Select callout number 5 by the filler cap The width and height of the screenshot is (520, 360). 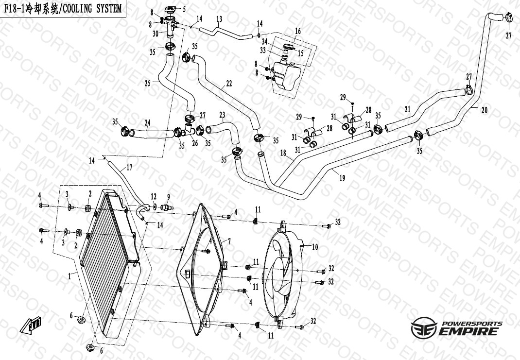click(x=184, y=9)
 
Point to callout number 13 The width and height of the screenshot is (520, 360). click(x=219, y=19)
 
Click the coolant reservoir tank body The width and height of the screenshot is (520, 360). click(x=287, y=75)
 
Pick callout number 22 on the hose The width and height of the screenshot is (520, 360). click(x=228, y=84)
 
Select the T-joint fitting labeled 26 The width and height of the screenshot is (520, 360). click(x=189, y=131)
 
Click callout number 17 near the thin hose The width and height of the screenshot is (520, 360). click(x=129, y=168)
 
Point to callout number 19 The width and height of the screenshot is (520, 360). click(x=342, y=178)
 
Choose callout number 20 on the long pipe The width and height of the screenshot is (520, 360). click(x=484, y=110)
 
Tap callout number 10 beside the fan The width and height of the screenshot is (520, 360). click(x=315, y=247)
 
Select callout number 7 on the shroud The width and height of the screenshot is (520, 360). click(x=229, y=241)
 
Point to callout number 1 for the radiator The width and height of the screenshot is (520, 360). click(x=70, y=277)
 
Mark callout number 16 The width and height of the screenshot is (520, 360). click(x=298, y=31)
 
